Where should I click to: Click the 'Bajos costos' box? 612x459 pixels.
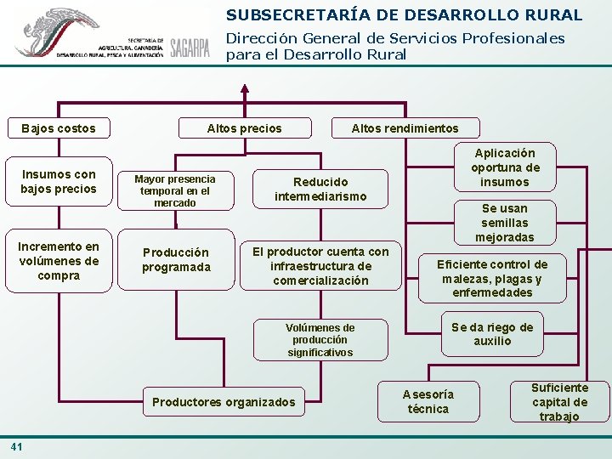pos(59,128)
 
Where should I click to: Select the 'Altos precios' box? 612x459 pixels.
pos(244,128)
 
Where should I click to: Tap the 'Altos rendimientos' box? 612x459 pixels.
pos(405,128)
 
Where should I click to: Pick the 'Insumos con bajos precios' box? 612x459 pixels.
pos(59,181)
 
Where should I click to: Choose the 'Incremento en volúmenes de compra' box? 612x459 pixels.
pos(59,261)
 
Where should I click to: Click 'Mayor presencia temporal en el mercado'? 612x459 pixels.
pos(175,190)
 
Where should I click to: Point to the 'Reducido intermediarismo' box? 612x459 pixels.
pos(320,189)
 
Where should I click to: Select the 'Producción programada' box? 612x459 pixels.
pos(176,259)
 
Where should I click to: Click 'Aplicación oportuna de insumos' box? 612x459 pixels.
pos(505,167)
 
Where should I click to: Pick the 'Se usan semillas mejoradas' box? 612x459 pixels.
pos(505,222)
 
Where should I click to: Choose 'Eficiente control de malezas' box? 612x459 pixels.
pos(492,278)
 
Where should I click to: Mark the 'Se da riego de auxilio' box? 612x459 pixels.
pos(492,334)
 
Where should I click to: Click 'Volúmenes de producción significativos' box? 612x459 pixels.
pos(320,340)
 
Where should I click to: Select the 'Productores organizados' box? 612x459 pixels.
pos(224,402)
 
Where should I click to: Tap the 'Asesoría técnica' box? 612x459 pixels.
pos(428,401)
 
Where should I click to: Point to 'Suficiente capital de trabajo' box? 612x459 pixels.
pos(559,401)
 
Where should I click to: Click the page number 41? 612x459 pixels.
pos(17,446)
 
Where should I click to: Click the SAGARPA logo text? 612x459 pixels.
pos(190,48)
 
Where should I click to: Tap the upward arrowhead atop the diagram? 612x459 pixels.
pos(245,88)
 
